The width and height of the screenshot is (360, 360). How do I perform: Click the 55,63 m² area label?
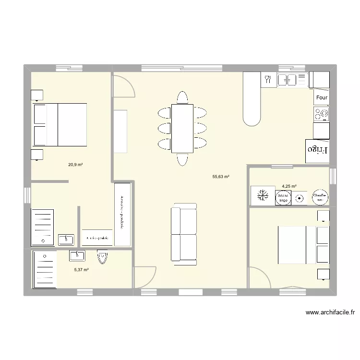coord(220,177)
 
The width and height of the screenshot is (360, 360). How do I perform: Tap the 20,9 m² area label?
coord(75,165)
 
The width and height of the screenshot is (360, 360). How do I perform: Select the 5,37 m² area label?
coord(81,270)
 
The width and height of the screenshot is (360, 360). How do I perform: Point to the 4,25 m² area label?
coord(289,186)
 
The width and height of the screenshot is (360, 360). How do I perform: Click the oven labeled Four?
coord(322,97)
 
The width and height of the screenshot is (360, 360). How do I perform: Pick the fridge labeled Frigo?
coord(317,149)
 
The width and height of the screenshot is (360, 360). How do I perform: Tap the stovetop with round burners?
coord(322,113)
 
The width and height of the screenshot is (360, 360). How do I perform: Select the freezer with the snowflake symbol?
coord(263,196)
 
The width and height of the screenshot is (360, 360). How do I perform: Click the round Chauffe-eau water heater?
coord(320,196)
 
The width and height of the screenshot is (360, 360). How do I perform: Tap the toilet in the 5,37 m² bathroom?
coord(102,257)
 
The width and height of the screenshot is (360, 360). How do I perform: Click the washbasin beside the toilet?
coord(77,255)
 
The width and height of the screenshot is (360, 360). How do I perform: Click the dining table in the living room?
coord(182,128)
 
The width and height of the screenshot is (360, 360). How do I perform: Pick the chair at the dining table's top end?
coord(182,97)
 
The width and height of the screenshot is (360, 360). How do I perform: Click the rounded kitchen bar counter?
coord(252,98)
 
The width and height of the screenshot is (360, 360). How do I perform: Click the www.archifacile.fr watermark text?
coord(330,312)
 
